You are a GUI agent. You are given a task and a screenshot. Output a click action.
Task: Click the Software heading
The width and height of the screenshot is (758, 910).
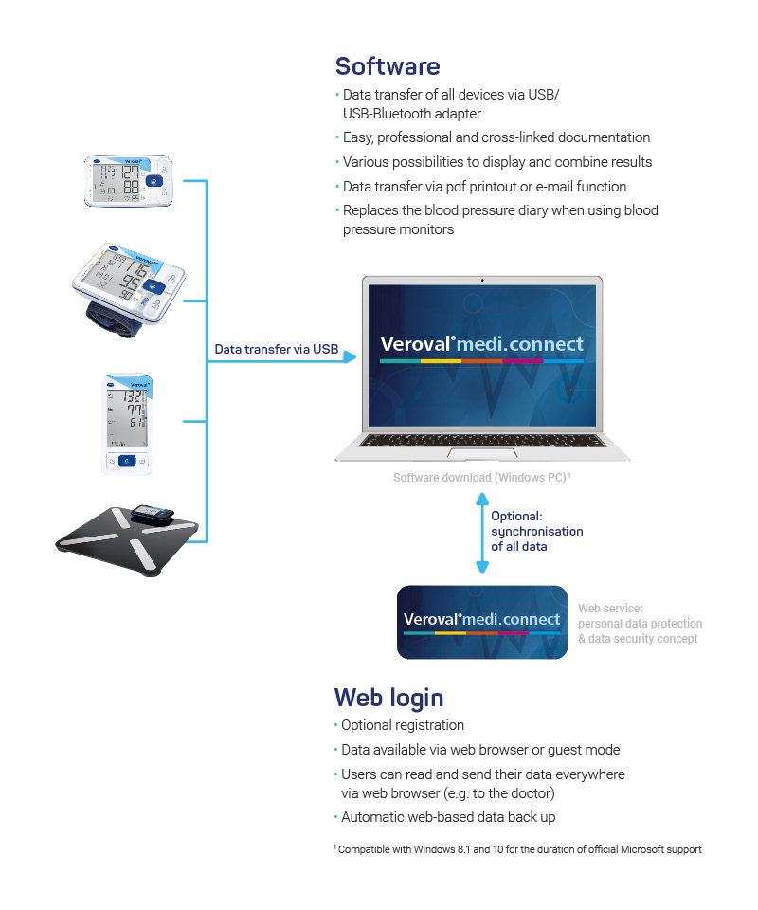(388, 66)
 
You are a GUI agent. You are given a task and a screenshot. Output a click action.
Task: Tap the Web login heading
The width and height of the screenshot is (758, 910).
(388, 698)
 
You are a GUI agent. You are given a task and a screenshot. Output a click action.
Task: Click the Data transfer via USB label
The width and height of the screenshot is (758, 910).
(276, 349)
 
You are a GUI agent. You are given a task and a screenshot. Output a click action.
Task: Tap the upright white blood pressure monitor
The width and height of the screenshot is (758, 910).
(128, 423)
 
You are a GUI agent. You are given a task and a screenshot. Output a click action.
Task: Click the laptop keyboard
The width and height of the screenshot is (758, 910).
(481, 441)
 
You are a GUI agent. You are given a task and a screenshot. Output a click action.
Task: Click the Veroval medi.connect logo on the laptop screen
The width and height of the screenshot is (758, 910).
(481, 345)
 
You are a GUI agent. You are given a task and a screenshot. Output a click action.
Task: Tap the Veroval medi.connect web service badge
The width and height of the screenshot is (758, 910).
(481, 622)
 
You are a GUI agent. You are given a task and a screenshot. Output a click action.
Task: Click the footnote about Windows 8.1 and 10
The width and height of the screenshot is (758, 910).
(517, 849)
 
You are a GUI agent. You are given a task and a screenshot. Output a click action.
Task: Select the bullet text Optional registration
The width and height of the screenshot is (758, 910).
(402, 725)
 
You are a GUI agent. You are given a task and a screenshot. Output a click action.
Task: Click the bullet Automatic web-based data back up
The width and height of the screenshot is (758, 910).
(447, 816)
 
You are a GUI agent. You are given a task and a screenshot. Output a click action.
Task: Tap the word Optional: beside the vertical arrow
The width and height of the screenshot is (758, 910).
(516, 517)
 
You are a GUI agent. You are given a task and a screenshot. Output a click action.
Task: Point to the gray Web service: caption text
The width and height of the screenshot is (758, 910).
(611, 609)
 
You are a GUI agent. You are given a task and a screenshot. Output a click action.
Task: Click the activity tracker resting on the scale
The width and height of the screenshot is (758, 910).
(153, 515)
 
